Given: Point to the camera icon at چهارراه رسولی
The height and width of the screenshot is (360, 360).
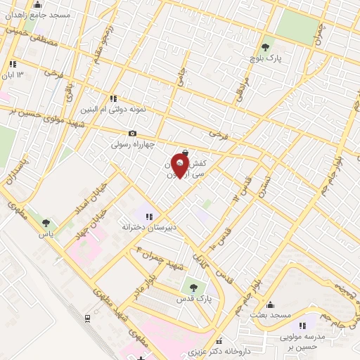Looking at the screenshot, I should [x=132, y=133].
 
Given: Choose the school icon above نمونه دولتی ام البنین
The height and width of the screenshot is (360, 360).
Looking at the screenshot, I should [x=112, y=98].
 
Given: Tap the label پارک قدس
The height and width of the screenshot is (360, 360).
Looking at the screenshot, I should [x=195, y=300].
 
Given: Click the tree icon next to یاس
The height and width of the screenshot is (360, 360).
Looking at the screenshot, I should [x=46, y=223].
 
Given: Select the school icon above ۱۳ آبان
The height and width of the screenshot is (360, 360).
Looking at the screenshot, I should [x=13, y=64].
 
